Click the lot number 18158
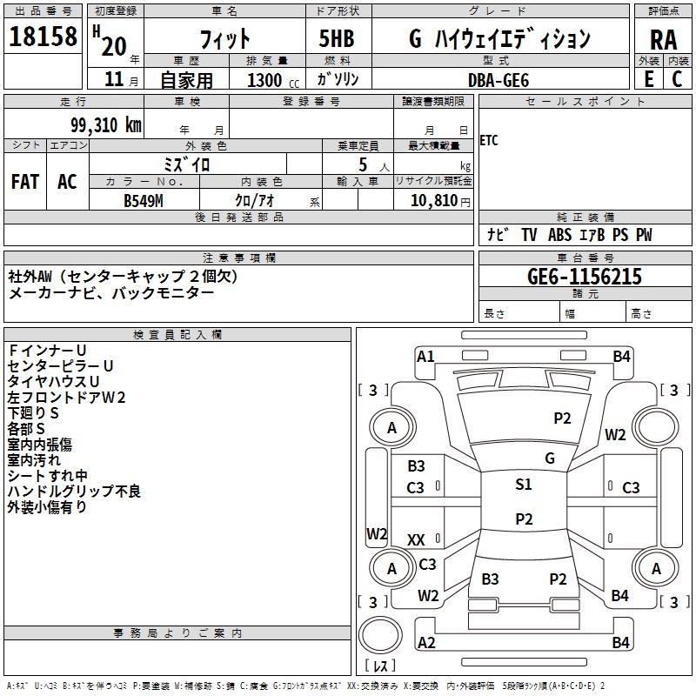click(43, 37)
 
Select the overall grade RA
click(663, 40)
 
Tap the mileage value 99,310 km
click(106, 124)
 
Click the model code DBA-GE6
click(499, 80)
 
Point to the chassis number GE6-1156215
click(585, 277)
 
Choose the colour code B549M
click(144, 201)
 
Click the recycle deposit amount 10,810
click(434, 201)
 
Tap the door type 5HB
click(337, 38)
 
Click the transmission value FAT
click(25, 182)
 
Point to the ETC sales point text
click(489, 141)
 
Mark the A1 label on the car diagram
click(425, 357)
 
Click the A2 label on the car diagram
click(426, 642)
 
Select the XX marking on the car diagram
click(416, 539)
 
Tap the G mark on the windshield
click(550, 458)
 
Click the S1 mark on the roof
click(524, 484)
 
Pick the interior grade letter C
click(677, 79)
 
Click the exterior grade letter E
click(648, 79)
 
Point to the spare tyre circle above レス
click(380, 634)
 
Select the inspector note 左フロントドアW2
click(67, 398)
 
